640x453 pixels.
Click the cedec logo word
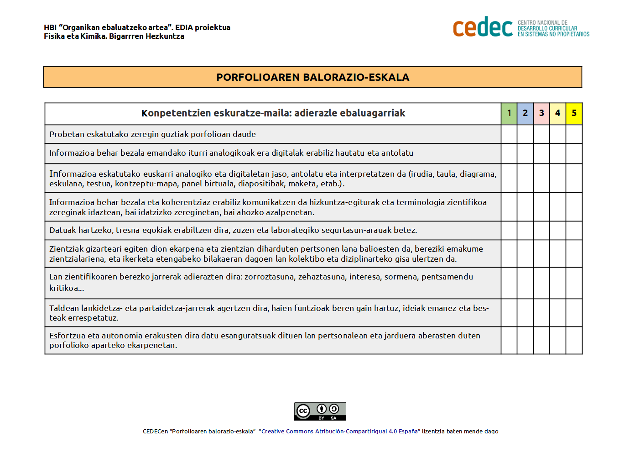(483, 27)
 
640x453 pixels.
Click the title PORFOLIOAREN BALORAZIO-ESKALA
(312, 77)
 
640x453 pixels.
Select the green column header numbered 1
(509, 113)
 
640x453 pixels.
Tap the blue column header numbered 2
(525, 113)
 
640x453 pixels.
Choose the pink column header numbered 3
(541, 113)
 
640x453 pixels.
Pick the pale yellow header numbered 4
(557, 113)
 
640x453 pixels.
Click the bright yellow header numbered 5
(574, 113)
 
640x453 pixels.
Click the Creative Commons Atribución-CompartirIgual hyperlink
(339, 432)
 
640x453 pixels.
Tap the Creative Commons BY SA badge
(320, 411)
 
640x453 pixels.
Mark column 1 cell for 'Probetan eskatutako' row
(509, 134)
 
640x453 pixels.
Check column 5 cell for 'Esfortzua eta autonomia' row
(574, 340)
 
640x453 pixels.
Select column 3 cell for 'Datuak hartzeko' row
(541, 230)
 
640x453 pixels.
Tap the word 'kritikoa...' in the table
(67, 288)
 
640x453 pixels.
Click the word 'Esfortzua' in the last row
(67, 336)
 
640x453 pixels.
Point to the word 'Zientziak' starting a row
(67, 249)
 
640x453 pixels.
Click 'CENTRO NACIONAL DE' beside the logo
(542, 22)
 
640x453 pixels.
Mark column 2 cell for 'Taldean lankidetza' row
(525, 313)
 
